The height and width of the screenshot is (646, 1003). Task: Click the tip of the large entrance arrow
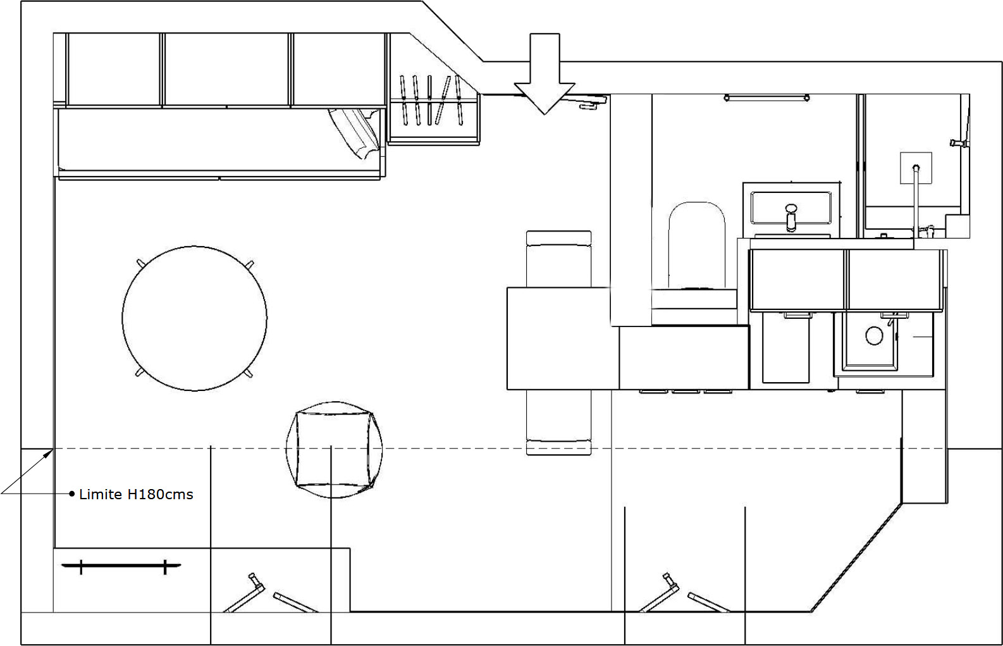545,115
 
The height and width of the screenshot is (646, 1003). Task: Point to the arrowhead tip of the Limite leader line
53,449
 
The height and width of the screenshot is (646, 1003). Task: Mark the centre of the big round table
194,318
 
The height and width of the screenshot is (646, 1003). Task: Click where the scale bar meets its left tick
81,566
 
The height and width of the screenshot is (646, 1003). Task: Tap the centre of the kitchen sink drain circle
874,335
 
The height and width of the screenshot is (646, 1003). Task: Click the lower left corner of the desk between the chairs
507,389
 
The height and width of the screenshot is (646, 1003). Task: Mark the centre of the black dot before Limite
71,494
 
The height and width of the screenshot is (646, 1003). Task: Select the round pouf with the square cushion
334,449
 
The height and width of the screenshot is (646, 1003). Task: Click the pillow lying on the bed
355,133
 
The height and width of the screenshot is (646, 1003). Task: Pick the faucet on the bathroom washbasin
791,217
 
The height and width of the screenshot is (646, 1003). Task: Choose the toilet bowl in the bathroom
696,245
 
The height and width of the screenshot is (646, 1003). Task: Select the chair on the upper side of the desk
559,259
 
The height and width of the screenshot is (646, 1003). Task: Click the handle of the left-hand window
255,581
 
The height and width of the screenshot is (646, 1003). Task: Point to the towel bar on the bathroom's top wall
766,97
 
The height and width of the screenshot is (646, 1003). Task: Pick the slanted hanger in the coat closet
443,101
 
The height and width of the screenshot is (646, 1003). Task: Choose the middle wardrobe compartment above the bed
226,70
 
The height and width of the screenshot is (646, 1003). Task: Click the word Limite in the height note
101,495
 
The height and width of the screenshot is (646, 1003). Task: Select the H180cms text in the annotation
160,495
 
